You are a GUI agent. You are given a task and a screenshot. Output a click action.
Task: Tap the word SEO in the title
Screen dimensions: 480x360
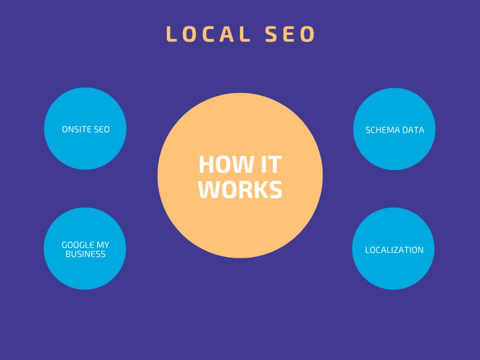pyautogui.click(x=289, y=34)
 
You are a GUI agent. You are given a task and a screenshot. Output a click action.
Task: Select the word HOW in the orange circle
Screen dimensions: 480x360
pyautogui.click(x=226, y=165)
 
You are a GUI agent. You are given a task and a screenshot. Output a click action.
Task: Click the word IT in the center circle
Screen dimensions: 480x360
pyautogui.click(x=271, y=165)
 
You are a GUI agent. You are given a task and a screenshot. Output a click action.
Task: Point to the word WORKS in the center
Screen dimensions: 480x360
pyautogui.click(x=240, y=190)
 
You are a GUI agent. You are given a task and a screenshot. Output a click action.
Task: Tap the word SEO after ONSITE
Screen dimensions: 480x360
pyautogui.click(x=102, y=130)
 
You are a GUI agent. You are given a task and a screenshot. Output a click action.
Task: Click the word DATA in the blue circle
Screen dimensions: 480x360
pyautogui.click(x=413, y=130)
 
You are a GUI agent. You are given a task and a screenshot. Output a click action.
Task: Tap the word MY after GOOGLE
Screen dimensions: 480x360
pyautogui.click(x=103, y=245)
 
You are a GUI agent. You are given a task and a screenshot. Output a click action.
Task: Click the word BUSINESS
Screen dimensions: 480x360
pyautogui.click(x=85, y=254)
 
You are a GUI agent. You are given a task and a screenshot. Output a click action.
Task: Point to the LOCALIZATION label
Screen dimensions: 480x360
pyautogui.click(x=394, y=250)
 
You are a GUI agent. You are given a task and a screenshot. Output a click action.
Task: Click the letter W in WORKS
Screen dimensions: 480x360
pyautogui.click(x=210, y=190)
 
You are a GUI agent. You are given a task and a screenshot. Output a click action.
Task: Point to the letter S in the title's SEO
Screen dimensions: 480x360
pyautogui.click(x=271, y=34)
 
